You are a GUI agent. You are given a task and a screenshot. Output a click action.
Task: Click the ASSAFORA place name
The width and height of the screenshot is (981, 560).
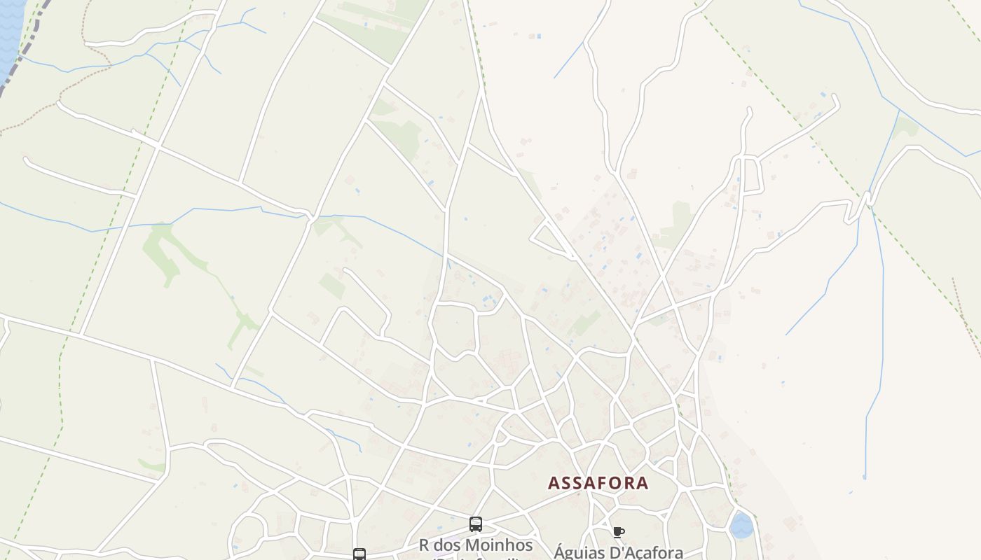598,483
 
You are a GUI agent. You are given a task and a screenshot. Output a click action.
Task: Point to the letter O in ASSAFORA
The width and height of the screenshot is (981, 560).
611,483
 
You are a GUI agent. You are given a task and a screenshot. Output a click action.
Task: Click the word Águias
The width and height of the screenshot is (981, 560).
577,552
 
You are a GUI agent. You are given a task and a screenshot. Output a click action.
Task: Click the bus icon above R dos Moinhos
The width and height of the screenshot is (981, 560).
476,524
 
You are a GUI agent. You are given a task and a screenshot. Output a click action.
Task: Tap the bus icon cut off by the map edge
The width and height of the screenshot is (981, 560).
359,554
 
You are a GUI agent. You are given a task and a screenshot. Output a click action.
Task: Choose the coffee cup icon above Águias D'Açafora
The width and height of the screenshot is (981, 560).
618,532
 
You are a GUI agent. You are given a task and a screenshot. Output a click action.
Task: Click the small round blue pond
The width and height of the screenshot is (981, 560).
741,525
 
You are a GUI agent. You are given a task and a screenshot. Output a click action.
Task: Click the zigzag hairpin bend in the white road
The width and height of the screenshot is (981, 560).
861,204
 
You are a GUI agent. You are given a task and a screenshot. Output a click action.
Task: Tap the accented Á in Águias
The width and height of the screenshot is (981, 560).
559,552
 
